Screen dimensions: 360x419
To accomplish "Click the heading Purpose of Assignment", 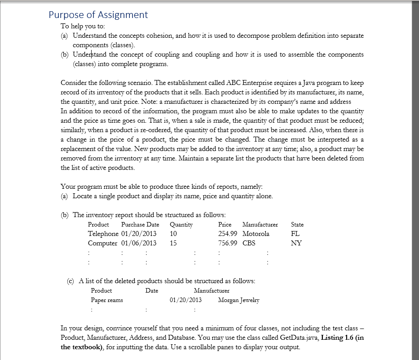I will click(98, 15).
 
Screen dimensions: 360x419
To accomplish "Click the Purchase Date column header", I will click(140, 224).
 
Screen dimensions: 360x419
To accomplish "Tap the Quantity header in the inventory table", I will click(181, 224).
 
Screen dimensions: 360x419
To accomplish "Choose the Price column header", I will click(225, 224).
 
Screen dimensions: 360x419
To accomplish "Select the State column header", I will click(297, 224).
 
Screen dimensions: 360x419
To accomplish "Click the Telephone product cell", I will click(103, 234).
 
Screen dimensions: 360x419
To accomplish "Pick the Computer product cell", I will click(103, 243).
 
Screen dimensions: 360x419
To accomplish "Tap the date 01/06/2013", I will click(139, 243).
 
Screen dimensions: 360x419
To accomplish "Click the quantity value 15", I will click(174, 243).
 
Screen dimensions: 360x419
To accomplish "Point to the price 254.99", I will click(228, 234).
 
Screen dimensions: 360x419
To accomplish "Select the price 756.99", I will click(228, 243).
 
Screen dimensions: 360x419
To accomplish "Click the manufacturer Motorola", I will click(256, 234).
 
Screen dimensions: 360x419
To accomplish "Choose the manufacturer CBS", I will click(249, 243).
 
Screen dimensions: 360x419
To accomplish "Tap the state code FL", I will click(296, 234).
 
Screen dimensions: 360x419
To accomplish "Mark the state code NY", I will click(296, 243).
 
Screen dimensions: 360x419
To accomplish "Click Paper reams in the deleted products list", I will click(107, 300).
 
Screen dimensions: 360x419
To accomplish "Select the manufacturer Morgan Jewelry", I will click(238, 300).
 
